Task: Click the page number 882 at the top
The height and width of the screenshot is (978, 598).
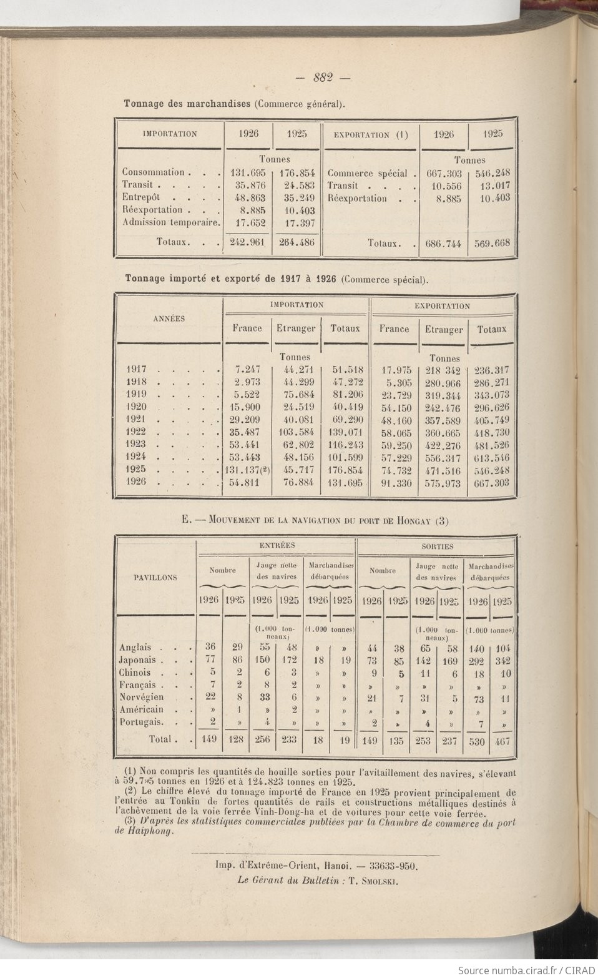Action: pos(323,78)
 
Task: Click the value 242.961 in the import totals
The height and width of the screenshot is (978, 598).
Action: pos(248,242)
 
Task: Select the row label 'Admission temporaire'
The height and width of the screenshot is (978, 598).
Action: pos(170,222)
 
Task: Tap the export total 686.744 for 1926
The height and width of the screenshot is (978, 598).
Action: pos(443,243)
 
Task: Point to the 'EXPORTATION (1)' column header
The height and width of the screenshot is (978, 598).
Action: pos(371,134)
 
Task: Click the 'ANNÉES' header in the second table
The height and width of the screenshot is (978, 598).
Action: pos(169,318)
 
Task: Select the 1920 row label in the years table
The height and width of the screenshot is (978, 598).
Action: pos(136,407)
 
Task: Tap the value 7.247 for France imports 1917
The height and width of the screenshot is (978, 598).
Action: pos(247,369)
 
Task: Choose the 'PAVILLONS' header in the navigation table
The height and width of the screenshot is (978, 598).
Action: pos(155,578)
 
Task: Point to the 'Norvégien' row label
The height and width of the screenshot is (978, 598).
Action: pos(142,697)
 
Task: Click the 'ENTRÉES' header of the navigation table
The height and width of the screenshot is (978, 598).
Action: pos(277,546)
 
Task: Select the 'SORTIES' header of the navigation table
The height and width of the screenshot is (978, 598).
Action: pos(437,546)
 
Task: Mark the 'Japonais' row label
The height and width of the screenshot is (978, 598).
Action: pos(140,659)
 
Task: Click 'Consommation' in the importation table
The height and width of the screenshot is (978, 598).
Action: pos(154,172)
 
